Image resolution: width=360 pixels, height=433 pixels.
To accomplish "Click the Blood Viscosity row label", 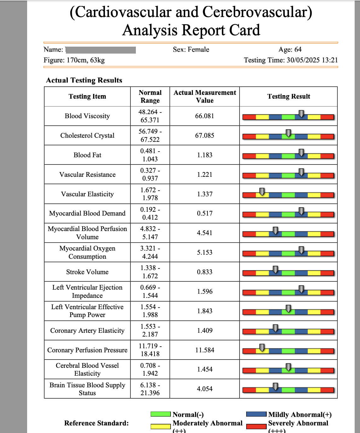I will tap(87, 116).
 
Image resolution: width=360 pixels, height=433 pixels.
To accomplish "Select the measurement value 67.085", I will tap(205, 136).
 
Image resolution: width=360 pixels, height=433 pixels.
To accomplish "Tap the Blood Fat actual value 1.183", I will tap(205, 155).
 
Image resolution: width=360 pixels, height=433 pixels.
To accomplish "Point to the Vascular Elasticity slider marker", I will tap(262, 192).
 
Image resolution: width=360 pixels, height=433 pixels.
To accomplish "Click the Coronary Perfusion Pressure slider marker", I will tap(262, 348).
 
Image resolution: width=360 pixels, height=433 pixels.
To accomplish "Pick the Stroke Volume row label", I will tap(87, 272).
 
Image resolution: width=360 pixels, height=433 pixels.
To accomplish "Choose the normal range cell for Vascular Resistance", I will tap(150, 175).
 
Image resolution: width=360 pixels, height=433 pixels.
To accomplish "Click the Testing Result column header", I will tap(288, 96).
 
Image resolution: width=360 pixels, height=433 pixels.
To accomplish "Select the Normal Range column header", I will tap(150, 96).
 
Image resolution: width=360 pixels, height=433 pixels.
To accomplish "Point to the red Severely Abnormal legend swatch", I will tap(256, 426).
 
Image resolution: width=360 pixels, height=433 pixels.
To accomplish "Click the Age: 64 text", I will tap(290, 49).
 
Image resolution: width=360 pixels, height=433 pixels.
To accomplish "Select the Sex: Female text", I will tap(191, 49).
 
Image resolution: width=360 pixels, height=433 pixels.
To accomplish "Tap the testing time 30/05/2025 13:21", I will tap(312, 60).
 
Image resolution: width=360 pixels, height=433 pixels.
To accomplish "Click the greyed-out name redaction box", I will tap(101, 50).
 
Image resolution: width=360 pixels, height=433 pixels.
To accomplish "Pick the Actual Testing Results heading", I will tap(84, 80).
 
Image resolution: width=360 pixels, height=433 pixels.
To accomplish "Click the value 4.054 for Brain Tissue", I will tap(205, 389).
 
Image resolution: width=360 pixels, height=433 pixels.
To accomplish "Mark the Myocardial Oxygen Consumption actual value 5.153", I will tap(205, 252).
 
